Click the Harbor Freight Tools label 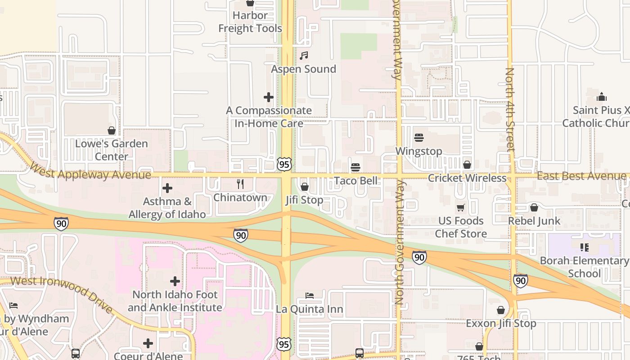(x=250, y=22)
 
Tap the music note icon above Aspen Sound (x=304, y=56)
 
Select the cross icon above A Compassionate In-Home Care (x=269, y=97)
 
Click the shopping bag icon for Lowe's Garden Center (x=112, y=130)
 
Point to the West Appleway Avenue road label (x=90, y=171)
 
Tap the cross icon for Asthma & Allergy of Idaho (x=167, y=188)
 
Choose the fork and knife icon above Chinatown (x=240, y=184)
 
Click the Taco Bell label (x=356, y=181)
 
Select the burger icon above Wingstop (x=419, y=138)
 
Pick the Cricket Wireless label (x=467, y=178)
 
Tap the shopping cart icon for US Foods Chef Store (x=461, y=207)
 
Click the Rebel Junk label (x=534, y=221)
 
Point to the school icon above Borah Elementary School (x=585, y=247)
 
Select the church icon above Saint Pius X (x=602, y=97)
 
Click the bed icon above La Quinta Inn (x=310, y=296)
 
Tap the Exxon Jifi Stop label (x=501, y=324)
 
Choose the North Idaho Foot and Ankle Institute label (x=175, y=301)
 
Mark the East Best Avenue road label (x=581, y=176)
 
